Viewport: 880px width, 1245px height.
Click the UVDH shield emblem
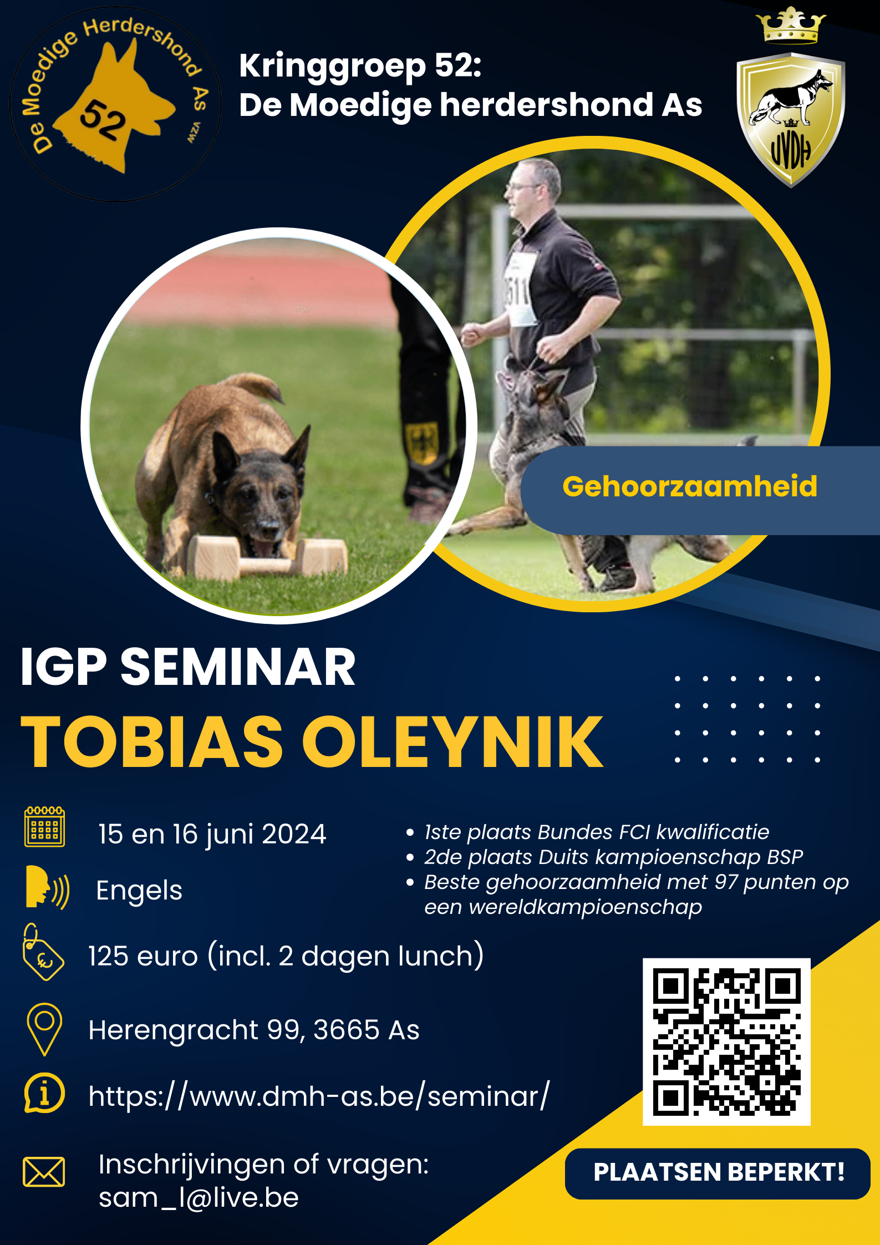point(790,120)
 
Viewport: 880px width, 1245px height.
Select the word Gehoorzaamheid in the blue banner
point(690,486)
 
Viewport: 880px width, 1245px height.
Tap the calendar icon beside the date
point(44,827)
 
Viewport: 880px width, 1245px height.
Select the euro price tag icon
point(43,952)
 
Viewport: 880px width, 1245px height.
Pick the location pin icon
point(44,1029)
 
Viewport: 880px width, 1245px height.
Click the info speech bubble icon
point(44,1094)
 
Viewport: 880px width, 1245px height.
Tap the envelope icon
point(44,1171)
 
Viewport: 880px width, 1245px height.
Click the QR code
point(726,1042)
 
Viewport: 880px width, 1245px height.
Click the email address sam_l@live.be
point(199,1198)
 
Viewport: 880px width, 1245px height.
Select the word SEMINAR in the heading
point(238,667)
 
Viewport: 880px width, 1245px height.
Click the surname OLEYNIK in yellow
point(452,741)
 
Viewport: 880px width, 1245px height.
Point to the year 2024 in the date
point(294,834)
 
